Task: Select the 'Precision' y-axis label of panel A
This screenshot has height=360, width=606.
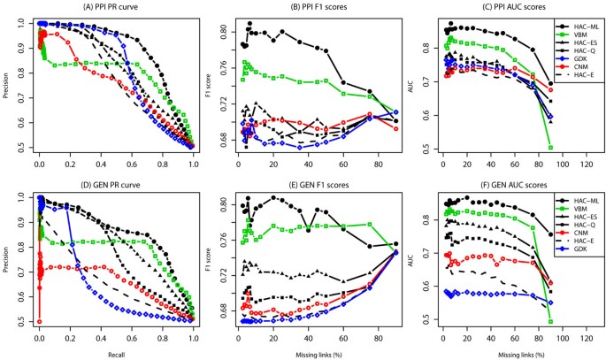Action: point(7,84)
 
